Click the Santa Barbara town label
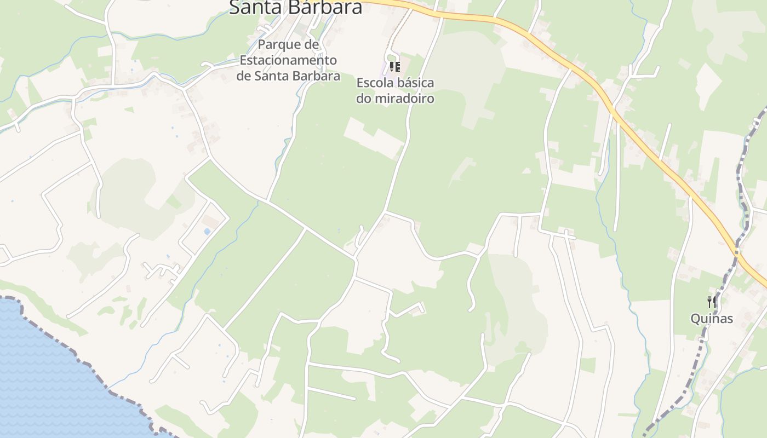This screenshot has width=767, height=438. pos(296,8)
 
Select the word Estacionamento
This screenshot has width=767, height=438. pos(288,60)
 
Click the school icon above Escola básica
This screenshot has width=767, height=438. pos(394,67)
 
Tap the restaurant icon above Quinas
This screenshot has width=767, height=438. pos(711,302)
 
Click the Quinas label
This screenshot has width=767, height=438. pos(711,319)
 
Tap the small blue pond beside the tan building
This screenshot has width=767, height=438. pos(207,232)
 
